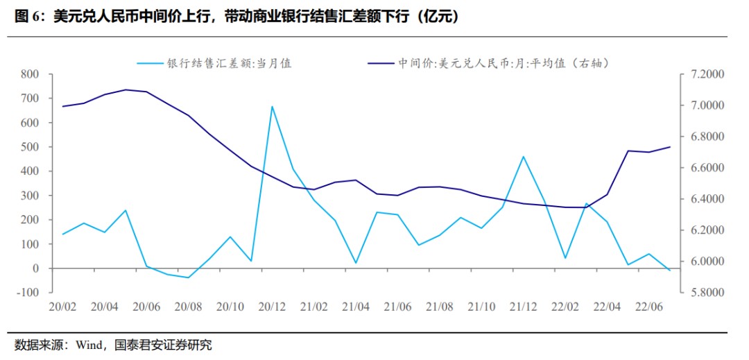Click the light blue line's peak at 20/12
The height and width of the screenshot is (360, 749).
click(x=272, y=107)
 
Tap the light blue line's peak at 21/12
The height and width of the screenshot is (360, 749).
click(x=524, y=157)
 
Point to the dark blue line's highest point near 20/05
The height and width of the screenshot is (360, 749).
click(x=126, y=89)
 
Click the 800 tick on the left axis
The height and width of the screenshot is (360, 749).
click(x=31, y=74)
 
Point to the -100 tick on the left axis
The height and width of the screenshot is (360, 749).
click(x=29, y=293)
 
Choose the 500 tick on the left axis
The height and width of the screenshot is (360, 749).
click(x=31, y=147)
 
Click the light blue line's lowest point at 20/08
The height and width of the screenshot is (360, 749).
click(x=188, y=277)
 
